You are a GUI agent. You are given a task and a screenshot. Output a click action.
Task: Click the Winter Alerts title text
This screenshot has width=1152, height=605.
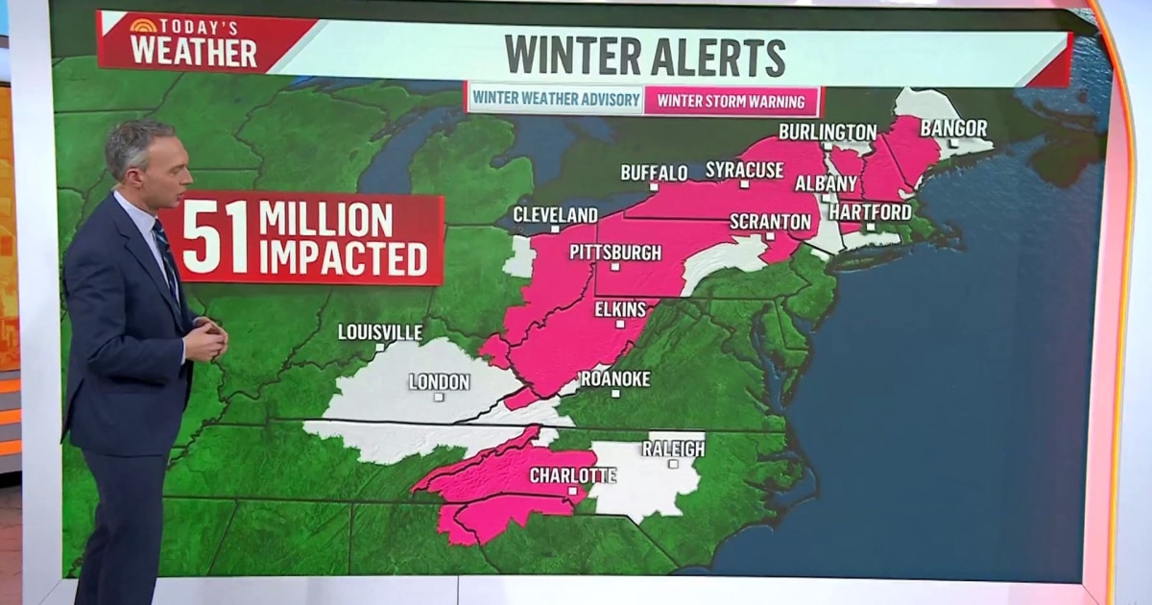(645, 56)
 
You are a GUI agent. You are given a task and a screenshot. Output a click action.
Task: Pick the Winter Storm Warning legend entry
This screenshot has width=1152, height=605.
(732, 100)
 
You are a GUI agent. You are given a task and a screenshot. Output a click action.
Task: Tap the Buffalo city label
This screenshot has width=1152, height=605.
(654, 173)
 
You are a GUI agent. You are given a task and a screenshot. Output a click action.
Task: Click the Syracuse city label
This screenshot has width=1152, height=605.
(744, 170)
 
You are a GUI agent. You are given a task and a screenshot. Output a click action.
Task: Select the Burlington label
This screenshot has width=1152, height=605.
(828, 132)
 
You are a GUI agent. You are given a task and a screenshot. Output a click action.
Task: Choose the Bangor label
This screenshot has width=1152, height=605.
(953, 128)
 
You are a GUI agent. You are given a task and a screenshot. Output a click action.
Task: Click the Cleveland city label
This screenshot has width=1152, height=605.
(555, 214)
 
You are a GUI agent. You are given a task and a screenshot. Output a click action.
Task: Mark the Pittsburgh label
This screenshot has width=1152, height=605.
(615, 253)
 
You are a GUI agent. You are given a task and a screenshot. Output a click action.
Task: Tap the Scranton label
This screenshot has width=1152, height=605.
(770, 221)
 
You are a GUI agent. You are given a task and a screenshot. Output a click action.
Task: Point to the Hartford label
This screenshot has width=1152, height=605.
(870, 211)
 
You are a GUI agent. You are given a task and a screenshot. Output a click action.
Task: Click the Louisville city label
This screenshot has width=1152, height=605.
(380, 331)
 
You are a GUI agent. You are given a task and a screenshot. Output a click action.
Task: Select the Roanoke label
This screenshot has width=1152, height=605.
(614, 378)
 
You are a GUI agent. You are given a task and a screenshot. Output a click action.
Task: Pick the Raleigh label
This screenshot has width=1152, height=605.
(673, 448)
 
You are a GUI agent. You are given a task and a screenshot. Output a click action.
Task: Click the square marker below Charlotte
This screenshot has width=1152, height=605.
(572, 491)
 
